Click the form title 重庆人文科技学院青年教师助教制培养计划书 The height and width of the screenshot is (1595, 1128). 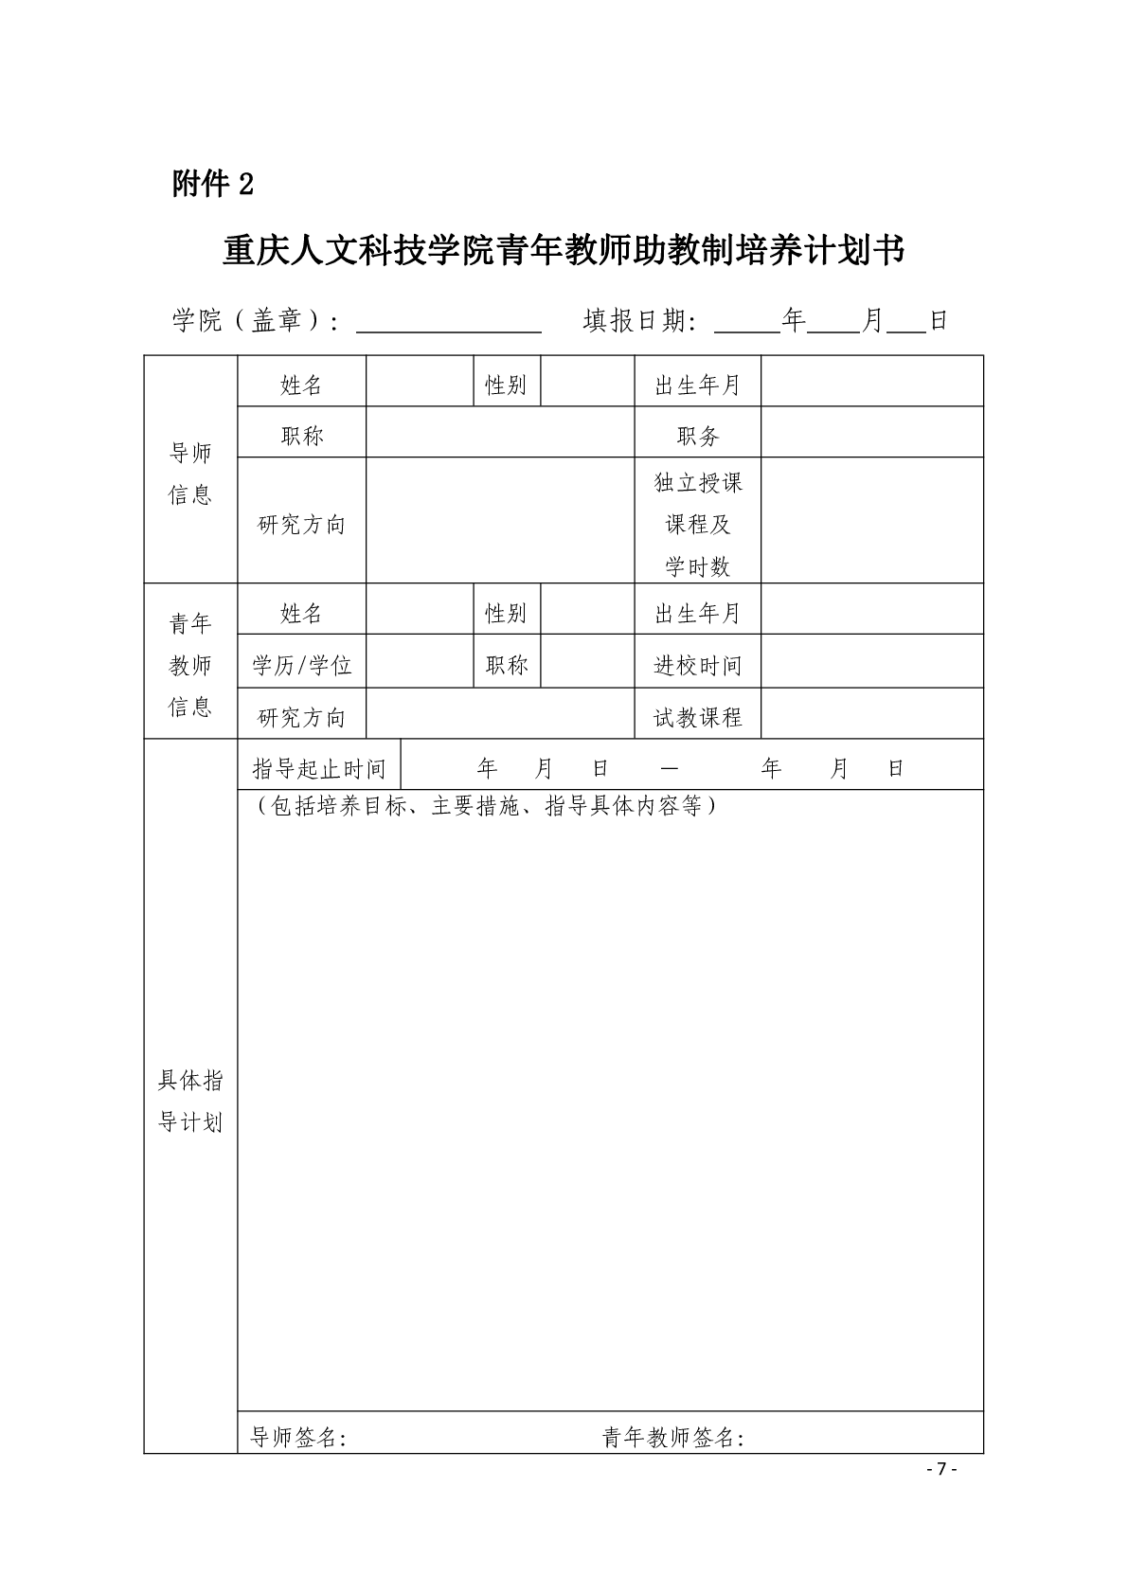564,251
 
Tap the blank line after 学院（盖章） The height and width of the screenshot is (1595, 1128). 448,322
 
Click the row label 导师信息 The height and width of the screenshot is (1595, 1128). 190,474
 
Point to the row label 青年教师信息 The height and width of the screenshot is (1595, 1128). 190,665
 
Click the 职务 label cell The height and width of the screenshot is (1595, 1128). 698,436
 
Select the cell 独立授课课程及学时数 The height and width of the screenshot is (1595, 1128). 698,524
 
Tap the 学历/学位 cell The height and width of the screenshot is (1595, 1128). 302,665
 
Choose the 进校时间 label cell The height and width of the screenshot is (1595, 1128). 698,665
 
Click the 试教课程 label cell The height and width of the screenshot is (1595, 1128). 698,717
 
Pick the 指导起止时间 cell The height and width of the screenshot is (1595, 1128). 319,768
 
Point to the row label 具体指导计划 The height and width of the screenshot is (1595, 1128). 190,1101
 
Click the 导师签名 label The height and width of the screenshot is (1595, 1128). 298,1438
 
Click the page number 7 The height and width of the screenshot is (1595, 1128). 941,1469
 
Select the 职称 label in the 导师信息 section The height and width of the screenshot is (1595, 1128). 302,436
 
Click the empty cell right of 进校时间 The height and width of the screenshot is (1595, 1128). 872,665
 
